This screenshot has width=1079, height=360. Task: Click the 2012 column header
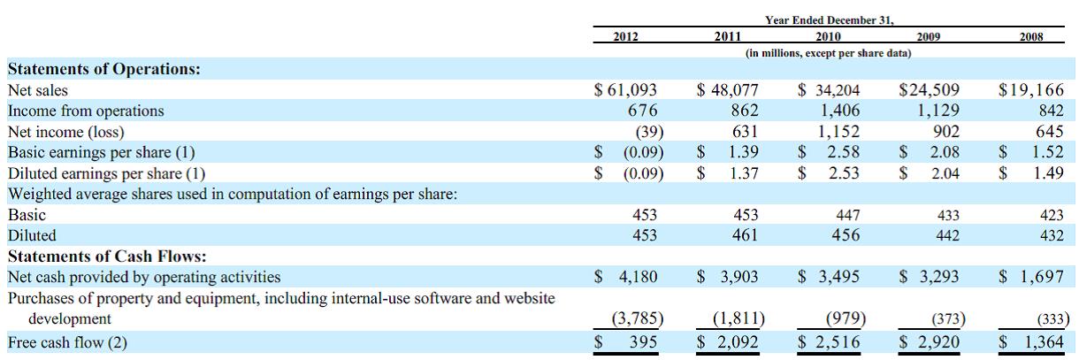(626, 37)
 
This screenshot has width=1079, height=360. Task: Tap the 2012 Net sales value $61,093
(627, 90)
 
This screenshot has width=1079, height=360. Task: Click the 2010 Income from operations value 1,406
(840, 111)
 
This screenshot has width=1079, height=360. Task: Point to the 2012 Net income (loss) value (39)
(650, 132)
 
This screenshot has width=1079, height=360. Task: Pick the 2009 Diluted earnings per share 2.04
(943, 173)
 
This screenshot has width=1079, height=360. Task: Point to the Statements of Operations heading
(104, 68)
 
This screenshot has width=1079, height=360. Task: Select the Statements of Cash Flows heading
(107, 257)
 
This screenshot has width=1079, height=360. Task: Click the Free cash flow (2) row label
(67, 342)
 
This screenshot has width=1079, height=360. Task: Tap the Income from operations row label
(86, 111)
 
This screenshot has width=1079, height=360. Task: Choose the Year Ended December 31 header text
(828, 20)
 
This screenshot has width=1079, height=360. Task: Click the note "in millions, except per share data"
(828, 54)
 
